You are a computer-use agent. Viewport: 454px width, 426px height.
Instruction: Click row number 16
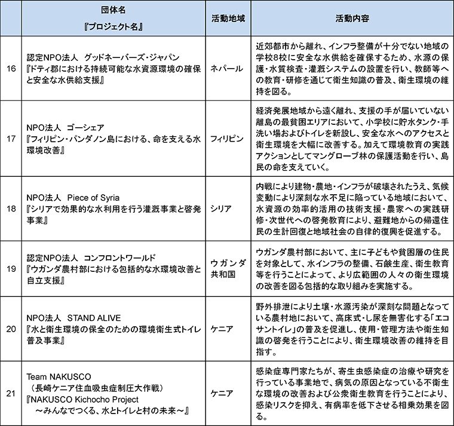(x=11, y=69)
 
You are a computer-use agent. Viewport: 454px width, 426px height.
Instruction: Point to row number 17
(x=11, y=138)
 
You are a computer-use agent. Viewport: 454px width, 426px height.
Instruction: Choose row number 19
(x=11, y=268)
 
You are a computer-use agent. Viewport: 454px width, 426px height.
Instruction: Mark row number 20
(x=11, y=328)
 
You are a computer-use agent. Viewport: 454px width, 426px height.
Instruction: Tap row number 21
(x=11, y=393)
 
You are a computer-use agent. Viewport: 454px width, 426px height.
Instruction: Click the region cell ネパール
(x=226, y=69)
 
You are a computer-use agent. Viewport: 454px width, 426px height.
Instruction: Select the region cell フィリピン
(x=226, y=138)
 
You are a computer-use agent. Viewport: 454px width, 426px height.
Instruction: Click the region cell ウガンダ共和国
(x=226, y=268)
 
